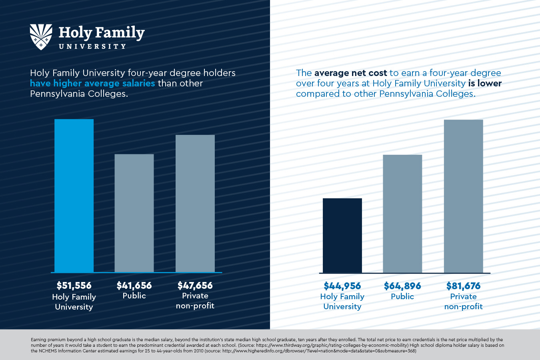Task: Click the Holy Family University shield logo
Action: pos(41,36)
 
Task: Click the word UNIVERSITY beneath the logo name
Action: pos(92,46)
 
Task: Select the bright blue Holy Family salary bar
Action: pos(74,196)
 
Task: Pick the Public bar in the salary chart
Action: pos(134,213)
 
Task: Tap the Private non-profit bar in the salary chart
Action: pos(195,204)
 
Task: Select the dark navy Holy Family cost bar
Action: pos(342,236)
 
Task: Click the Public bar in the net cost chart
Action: pos(402,214)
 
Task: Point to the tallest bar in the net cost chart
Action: pos(463,196)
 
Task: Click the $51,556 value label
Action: pos(74,286)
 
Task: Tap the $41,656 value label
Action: pos(134,286)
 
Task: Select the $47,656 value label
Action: pos(195,286)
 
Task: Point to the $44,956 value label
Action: pos(342,286)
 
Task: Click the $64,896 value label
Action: pos(402,286)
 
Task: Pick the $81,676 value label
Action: pos(463,286)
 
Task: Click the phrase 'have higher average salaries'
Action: pos(92,83)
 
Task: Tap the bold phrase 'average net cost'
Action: pos(350,73)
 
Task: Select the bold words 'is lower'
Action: pos(485,83)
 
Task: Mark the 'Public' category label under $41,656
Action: pos(134,296)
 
